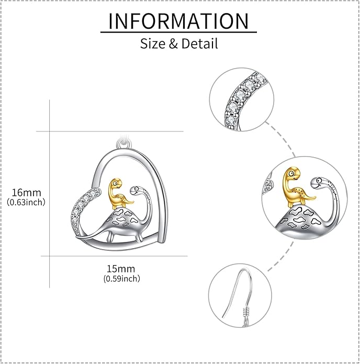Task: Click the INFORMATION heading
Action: coord(178,21)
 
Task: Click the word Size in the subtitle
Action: coord(153,43)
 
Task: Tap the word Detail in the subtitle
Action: coord(199,43)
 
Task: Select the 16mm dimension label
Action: coord(27,192)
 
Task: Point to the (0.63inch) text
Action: coord(26,202)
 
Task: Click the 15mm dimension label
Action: coord(121,269)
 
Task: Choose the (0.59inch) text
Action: coord(122,278)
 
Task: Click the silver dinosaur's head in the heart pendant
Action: coord(136,190)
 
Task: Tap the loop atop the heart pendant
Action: coord(123,143)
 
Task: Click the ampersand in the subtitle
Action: coord(173,43)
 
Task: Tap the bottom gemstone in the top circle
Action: coord(231,119)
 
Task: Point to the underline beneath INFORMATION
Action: coord(178,32)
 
